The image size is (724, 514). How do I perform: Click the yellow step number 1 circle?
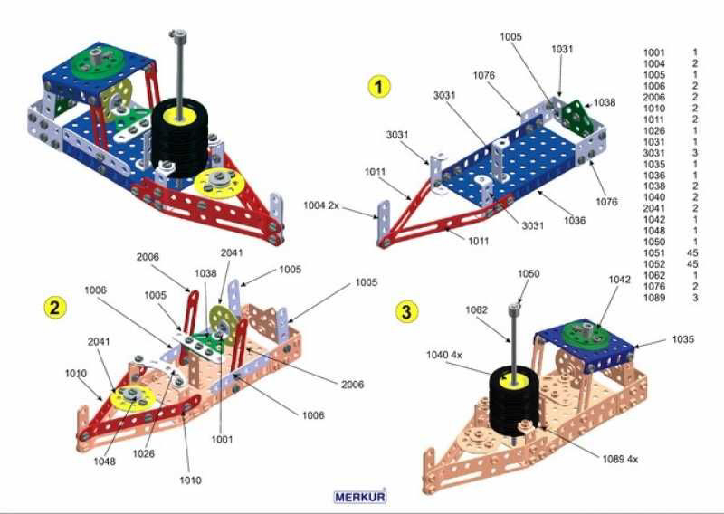click(x=378, y=87)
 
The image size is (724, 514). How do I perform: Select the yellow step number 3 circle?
click(x=408, y=312)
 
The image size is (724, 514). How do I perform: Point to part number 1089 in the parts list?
click(x=653, y=298)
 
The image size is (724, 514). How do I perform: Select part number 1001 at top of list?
click(x=653, y=52)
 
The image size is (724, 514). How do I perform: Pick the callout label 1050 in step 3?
click(x=528, y=272)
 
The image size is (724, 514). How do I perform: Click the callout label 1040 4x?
click(x=445, y=354)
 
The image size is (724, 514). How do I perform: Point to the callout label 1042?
click(x=618, y=280)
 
